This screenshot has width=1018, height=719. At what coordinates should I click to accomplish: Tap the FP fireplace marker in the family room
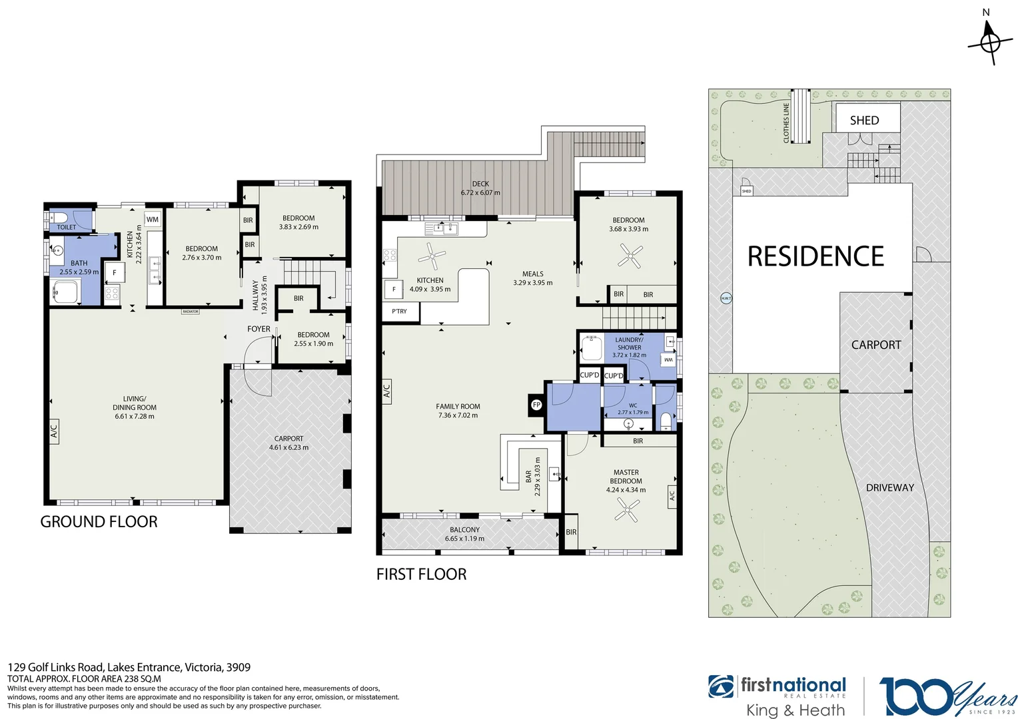[536, 405]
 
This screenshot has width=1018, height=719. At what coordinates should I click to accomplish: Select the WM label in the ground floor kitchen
[153, 219]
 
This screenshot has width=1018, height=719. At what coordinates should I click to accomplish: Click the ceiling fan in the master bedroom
[626, 511]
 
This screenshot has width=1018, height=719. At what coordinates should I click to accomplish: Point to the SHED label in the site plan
[864, 120]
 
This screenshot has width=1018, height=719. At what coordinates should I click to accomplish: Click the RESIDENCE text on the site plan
[815, 256]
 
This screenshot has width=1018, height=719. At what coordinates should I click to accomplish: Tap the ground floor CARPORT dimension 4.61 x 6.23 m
[288, 447]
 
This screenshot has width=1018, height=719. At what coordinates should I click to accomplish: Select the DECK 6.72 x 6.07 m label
[480, 188]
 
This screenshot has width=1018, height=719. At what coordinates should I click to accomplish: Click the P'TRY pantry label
[399, 311]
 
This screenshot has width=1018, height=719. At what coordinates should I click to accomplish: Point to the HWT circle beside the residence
[726, 298]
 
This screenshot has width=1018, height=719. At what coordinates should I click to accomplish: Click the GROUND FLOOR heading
[99, 522]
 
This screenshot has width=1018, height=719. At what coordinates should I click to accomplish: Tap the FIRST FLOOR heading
[421, 575]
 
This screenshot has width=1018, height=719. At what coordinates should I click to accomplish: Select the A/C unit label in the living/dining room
[54, 430]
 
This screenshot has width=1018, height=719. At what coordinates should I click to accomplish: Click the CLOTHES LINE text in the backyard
[786, 122]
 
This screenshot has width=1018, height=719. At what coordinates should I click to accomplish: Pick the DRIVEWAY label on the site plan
[889, 488]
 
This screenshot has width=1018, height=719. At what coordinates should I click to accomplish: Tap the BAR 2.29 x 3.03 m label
[533, 476]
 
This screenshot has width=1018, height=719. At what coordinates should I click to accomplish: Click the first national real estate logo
[777, 696]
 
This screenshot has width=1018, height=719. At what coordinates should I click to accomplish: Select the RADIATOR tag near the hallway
[191, 312]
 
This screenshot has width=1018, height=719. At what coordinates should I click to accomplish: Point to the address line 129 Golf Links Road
[129, 667]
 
